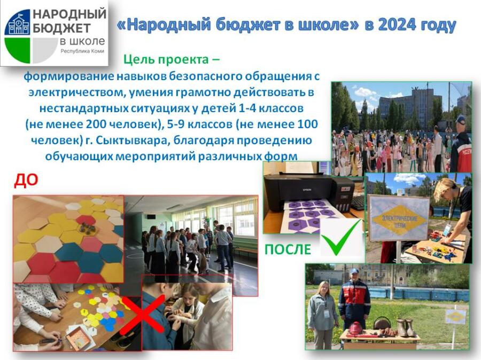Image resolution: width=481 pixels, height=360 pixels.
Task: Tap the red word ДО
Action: pyautogui.click(x=26, y=181)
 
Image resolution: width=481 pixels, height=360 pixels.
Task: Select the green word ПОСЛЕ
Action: pyautogui.click(x=288, y=249)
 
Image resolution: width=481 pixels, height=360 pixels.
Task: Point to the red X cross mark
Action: pyautogui.click(x=143, y=314)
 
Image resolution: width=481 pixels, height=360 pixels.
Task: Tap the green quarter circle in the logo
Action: pyautogui.click(x=18, y=50)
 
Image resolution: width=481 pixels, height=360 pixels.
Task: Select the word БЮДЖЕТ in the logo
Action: pyautogui.click(x=61, y=28)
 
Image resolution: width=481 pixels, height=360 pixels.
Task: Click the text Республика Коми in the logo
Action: pyautogui.click(x=82, y=51)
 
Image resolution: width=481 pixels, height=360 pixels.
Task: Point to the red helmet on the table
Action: pyautogui.click(x=356, y=328)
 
